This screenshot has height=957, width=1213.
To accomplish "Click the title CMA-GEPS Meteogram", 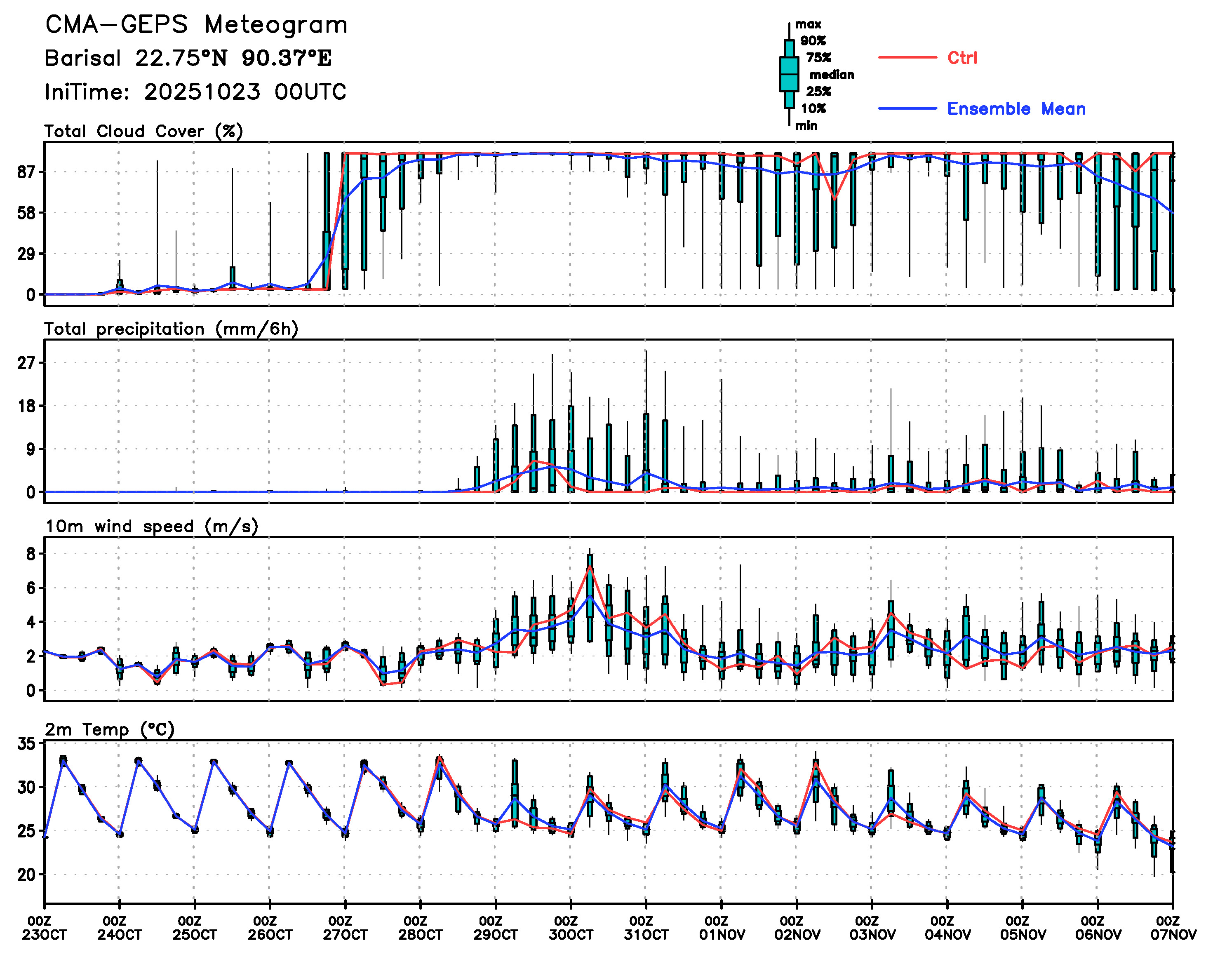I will click(196, 25).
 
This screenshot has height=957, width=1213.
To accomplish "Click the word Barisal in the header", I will click(82, 58).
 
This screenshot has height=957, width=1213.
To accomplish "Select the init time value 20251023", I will click(202, 92).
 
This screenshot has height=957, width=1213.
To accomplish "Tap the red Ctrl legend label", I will click(962, 58).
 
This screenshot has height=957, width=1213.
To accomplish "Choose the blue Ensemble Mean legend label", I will click(1016, 109).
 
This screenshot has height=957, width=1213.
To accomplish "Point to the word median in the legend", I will click(832, 75).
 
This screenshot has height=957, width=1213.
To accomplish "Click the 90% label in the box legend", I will click(812, 41).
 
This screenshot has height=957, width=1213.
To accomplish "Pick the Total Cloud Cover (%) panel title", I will click(143, 132).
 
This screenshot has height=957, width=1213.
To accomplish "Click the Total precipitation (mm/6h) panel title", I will click(171, 329).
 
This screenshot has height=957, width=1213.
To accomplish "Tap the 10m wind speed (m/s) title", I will click(151, 527).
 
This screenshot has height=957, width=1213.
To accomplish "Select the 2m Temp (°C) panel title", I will click(109, 729).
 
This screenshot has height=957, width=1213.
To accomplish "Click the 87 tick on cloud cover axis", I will click(26, 172).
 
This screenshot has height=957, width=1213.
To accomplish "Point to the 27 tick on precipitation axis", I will click(26, 363).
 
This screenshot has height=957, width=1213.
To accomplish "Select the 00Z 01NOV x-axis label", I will click(722, 928).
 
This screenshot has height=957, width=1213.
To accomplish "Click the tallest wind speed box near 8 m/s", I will click(590, 585).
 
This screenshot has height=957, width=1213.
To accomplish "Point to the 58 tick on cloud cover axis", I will click(26, 213).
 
